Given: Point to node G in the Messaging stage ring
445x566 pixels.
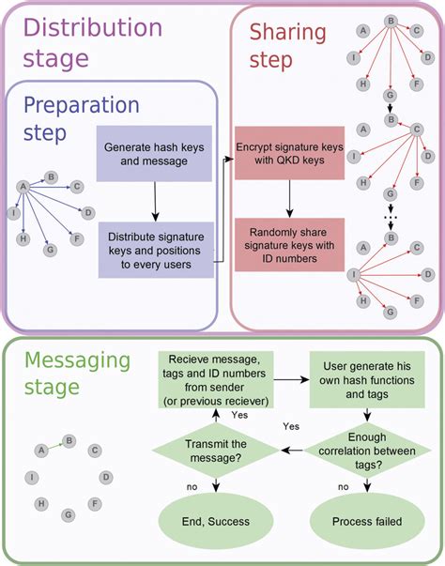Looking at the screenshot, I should pos(69,515).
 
